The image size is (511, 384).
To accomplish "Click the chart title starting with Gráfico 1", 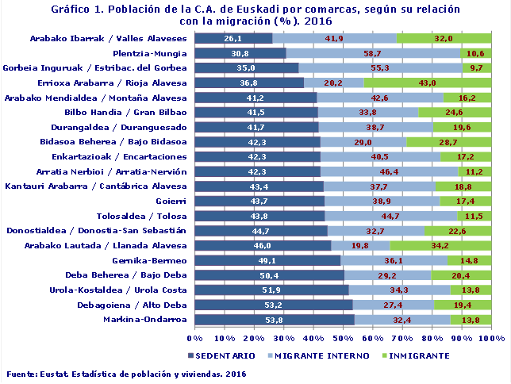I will pos(255,15).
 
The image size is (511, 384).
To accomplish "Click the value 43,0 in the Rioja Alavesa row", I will pos(428,83).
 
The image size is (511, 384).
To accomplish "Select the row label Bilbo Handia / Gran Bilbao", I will pos(140,112).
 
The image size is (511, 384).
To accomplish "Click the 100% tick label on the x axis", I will pos(492,338).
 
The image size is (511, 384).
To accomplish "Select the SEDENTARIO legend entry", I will pos(221,355).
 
